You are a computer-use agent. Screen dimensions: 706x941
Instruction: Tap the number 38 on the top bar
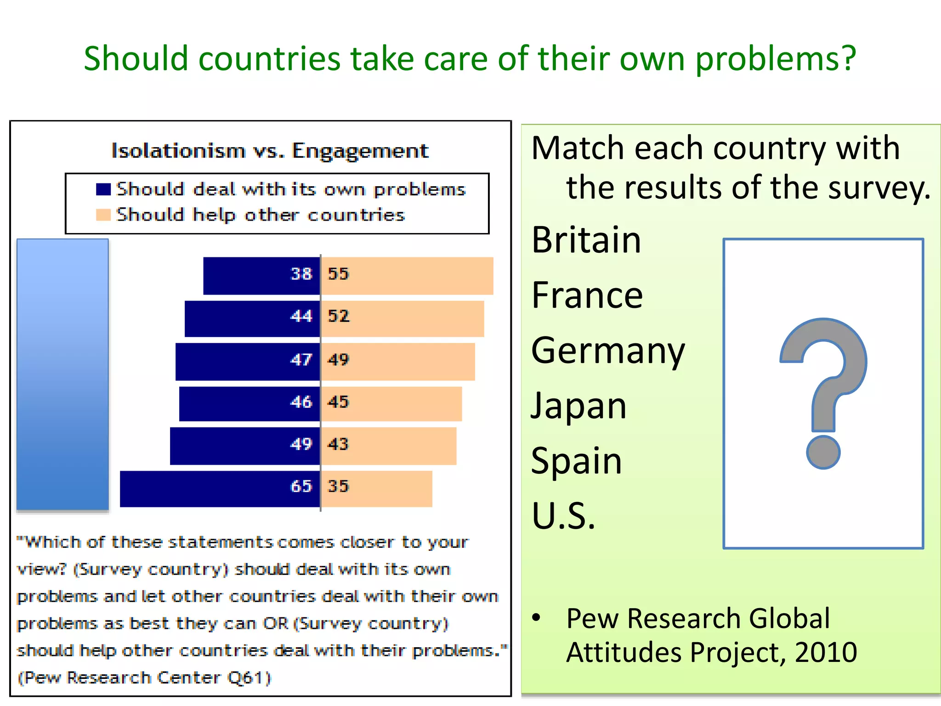[x=301, y=274]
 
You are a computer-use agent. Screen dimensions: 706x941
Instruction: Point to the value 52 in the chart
[x=338, y=316]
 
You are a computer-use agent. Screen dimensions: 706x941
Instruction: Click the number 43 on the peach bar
[x=338, y=444]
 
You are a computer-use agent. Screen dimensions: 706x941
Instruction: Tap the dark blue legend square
[x=103, y=189]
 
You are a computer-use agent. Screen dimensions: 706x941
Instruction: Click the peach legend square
[x=103, y=215]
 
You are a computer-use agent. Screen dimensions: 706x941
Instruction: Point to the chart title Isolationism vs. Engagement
[x=270, y=151]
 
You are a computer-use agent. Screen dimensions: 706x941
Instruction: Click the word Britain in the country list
[x=586, y=240]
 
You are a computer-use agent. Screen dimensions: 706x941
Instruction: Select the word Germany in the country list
[x=607, y=351]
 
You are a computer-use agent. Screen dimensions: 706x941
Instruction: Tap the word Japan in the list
[x=578, y=406]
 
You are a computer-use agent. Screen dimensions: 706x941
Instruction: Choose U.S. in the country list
[x=563, y=516]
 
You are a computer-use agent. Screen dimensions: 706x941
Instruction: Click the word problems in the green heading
[x=776, y=60]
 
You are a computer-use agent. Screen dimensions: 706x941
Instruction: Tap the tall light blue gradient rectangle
[x=63, y=374]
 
